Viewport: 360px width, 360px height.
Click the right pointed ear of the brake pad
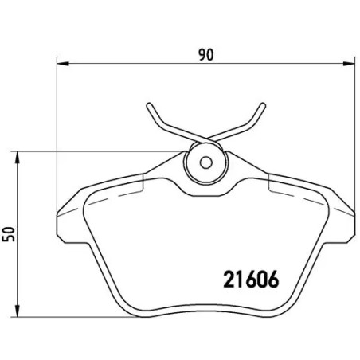click(x=351, y=213)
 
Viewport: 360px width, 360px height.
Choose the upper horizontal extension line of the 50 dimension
click(x=96, y=150)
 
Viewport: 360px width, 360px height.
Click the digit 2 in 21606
click(x=225, y=281)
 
